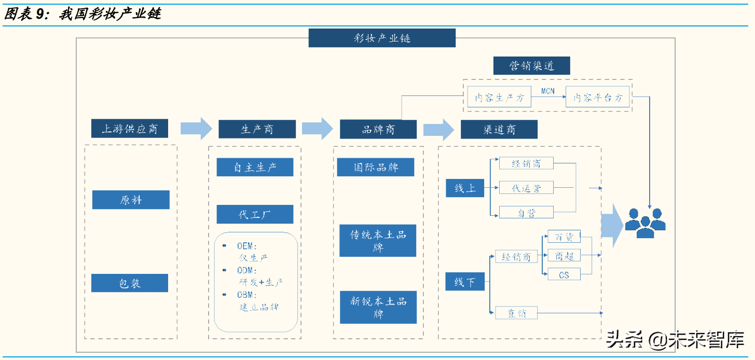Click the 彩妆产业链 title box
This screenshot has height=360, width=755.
pyautogui.click(x=382, y=38)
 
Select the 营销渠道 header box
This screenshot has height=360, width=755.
pyautogui.click(x=531, y=66)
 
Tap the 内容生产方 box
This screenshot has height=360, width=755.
pyautogui.click(x=499, y=97)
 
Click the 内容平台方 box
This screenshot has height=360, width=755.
pyautogui.click(x=597, y=97)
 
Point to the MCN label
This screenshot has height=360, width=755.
pyautogui.click(x=548, y=91)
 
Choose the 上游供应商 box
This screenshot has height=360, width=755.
pyautogui.click(x=130, y=129)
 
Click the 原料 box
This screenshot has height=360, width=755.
pyautogui.click(x=131, y=200)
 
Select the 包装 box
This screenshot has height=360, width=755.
pyautogui.click(x=130, y=283)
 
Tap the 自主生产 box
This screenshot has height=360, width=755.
pyautogui.click(x=255, y=167)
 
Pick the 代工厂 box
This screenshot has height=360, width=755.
pyautogui.click(x=255, y=214)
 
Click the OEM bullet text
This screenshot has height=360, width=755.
pyautogui.click(x=247, y=246)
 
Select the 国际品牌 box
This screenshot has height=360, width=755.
pyautogui.click(x=376, y=168)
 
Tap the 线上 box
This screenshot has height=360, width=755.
pyautogui.click(x=465, y=188)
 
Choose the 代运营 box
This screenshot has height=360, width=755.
pyautogui.click(x=526, y=188)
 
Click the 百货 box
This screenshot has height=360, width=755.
pyautogui.click(x=564, y=237)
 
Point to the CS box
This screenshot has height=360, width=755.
pyautogui.click(x=564, y=274)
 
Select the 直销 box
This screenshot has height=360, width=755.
pyautogui.click(x=517, y=313)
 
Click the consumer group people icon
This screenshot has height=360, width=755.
pyautogui.click(x=644, y=222)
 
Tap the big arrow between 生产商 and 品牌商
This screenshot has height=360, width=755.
pyautogui.click(x=317, y=129)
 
